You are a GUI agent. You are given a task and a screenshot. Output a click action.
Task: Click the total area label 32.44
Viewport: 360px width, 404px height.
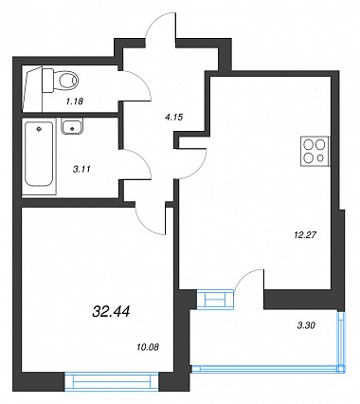point(111,312)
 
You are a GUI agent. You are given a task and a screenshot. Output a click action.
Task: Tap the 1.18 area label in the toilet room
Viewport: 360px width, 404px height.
point(74,101)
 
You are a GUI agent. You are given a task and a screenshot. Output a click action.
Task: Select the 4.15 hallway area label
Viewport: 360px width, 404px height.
point(174,118)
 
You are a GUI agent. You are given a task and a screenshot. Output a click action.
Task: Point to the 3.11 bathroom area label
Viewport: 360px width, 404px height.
point(81,169)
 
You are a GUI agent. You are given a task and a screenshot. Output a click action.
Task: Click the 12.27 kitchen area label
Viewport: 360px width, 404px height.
point(305,235)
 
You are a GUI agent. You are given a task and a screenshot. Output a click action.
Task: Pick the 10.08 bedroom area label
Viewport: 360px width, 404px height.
point(148,347)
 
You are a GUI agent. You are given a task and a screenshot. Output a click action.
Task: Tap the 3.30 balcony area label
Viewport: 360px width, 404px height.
point(306,325)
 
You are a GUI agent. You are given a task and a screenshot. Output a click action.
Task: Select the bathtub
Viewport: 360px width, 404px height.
point(39,155)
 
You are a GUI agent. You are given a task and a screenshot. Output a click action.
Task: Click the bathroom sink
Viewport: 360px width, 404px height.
point(73,127)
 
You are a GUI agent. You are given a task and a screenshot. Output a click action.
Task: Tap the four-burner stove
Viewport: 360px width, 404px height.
point(315,152)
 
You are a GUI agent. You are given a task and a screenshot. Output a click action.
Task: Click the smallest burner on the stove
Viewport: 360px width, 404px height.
point(320,157)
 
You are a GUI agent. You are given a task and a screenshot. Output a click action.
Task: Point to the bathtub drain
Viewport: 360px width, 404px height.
point(39,129)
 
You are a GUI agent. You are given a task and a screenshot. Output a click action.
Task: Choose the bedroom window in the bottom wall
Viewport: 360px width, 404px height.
point(112,382)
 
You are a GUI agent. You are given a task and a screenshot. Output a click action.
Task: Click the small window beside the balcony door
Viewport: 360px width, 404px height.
point(215,299)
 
